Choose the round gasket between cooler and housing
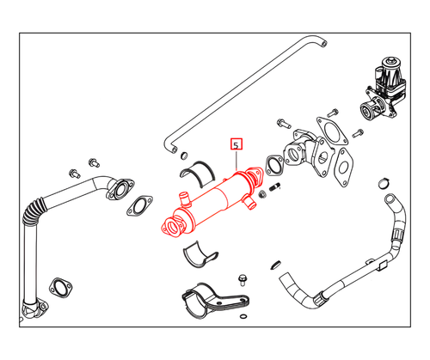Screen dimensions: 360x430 pos(273,162)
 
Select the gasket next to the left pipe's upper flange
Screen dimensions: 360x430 pos(138,205)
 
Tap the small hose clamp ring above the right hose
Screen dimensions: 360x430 pos(383,185)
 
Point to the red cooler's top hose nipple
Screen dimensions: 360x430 pos(182,201)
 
